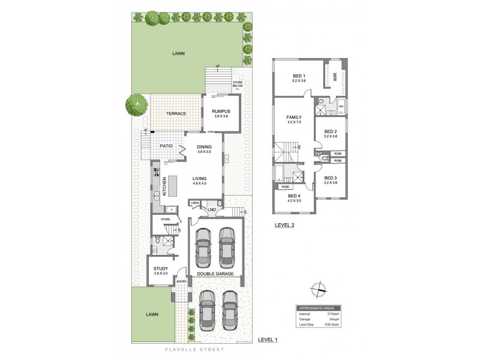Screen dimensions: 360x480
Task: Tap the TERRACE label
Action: tap(176, 113)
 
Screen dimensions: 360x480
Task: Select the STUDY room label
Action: tap(160, 268)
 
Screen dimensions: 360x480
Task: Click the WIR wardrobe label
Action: tap(335, 77)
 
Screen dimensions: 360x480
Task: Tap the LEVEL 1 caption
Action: tap(268, 340)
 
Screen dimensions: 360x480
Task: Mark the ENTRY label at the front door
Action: tap(181, 281)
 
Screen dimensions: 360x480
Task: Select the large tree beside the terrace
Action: tap(137, 106)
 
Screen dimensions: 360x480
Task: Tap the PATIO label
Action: tap(166, 146)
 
